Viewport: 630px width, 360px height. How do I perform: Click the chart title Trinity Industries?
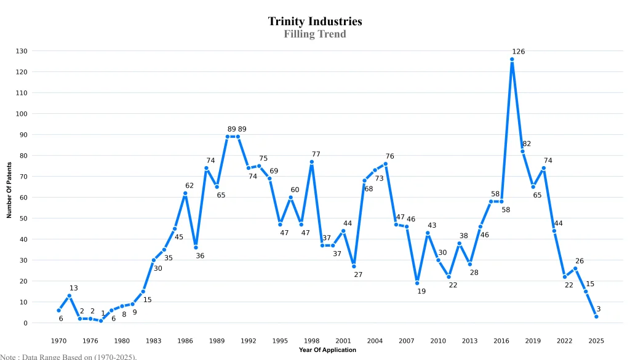pos(315,22)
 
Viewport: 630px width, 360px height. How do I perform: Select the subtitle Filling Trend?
pos(315,34)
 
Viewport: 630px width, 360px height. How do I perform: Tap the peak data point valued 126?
pos(512,59)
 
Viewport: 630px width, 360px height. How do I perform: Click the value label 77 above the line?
pos(316,154)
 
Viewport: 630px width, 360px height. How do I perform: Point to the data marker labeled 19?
pos(417,283)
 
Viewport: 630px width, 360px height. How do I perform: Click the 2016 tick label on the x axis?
pos(501,340)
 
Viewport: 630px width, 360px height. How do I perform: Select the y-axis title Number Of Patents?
pos(9,186)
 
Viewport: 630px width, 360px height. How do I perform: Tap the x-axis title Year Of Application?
pos(327,350)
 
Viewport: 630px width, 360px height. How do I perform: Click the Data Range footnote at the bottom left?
pos(68,356)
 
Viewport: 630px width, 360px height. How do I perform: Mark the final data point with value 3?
pos(596,316)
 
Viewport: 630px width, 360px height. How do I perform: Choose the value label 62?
pos(189,185)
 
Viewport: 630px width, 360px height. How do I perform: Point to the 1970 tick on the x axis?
pos(58,340)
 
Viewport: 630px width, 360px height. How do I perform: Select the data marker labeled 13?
pos(70,295)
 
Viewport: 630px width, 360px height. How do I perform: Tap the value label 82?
pos(527,143)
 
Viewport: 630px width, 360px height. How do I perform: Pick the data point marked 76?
pos(386,164)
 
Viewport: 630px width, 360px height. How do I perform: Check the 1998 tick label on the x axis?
pos(312,340)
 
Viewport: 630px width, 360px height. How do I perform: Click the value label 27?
pos(358,274)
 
